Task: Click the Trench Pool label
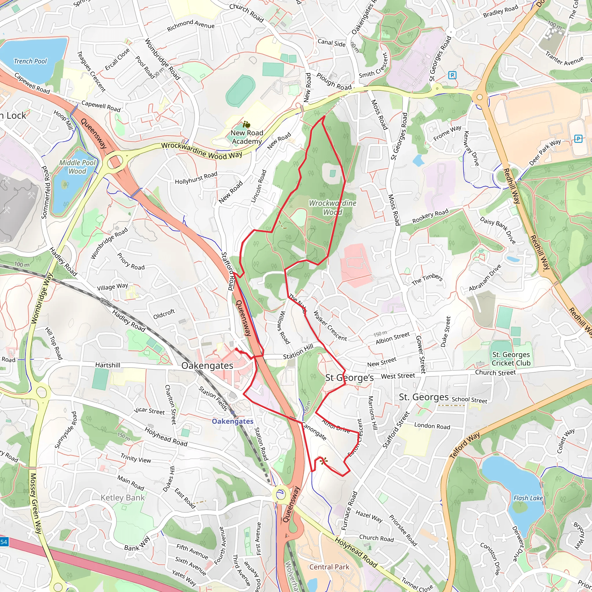pyautogui.click(x=30, y=61)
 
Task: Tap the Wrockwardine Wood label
pyautogui.click(x=332, y=208)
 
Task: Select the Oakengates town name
pyautogui.click(x=207, y=366)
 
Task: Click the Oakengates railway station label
pyautogui.click(x=233, y=421)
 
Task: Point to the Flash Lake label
pyautogui.click(x=528, y=498)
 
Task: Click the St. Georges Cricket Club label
pyautogui.click(x=511, y=359)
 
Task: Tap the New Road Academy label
pyautogui.click(x=247, y=137)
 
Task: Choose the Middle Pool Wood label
pyautogui.click(x=77, y=167)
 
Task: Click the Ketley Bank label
pyautogui.click(x=123, y=498)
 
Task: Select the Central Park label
pyautogui.click(x=329, y=567)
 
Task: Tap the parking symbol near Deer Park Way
pyautogui.click(x=578, y=139)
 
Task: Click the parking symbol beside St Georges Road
pyautogui.click(x=452, y=75)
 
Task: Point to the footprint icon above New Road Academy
pyautogui.click(x=246, y=124)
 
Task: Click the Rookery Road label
pyautogui.click(x=430, y=216)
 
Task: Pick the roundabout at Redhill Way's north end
pyautogui.click(x=480, y=97)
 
